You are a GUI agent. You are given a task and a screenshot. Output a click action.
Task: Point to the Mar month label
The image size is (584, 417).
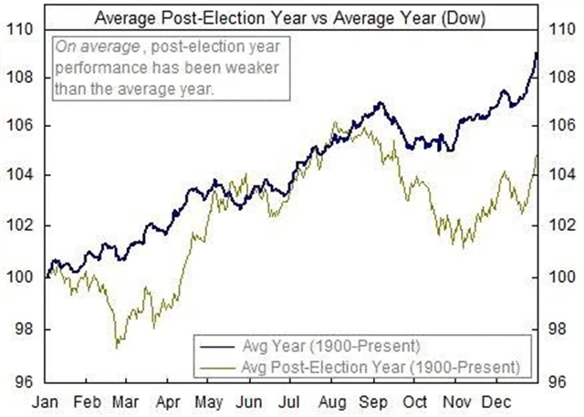point(125,401)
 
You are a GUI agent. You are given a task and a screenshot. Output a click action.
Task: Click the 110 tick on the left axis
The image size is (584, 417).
point(23,28)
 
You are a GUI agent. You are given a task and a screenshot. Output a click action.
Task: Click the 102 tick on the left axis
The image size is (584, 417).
point(23,224)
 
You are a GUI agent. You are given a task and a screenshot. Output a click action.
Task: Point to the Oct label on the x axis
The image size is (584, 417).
point(416,401)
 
